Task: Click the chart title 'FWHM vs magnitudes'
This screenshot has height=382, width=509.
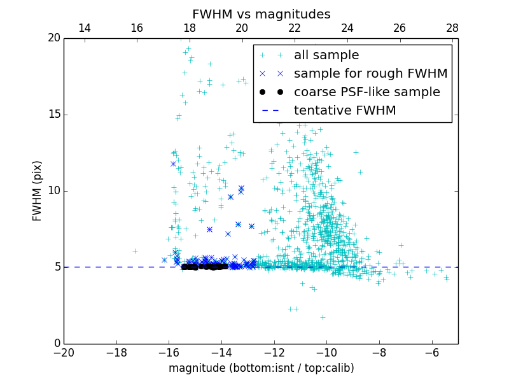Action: coord(261,14)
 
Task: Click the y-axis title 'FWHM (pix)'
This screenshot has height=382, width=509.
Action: coord(38,191)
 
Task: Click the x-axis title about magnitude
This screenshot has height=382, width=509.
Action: coord(261,368)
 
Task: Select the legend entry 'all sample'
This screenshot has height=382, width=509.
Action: coord(326,55)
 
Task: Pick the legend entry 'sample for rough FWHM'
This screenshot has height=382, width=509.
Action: coord(370,74)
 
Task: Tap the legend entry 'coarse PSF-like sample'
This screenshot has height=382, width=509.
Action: coord(366,92)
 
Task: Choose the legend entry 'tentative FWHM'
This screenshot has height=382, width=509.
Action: coord(344,111)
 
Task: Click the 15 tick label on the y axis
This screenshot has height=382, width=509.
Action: coord(53,115)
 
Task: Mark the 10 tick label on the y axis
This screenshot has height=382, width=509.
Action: coord(53,191)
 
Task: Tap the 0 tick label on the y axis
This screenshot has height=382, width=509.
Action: coord(56,344)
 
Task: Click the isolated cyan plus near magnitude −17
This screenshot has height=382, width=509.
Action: coord(135,251)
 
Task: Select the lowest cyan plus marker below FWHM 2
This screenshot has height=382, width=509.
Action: coord(323,317)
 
